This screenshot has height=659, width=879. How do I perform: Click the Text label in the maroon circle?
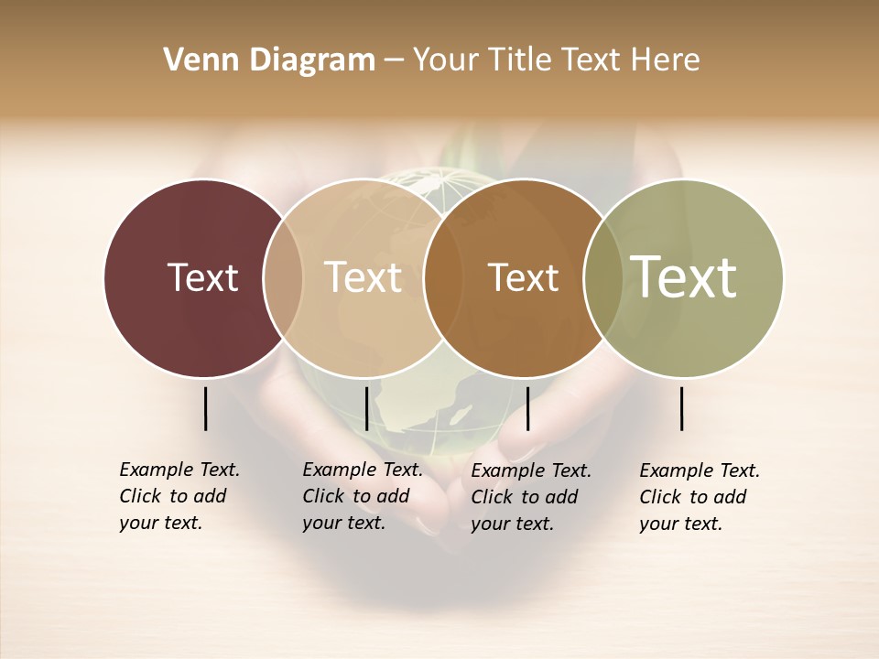pyautogui.click(x=202, y=277)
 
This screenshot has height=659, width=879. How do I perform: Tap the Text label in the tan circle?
pyautogui.click(x=363, y=277)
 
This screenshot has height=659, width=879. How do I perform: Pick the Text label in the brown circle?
pyautogui.click(x=523, y=277)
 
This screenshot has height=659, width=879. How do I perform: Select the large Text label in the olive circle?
pyautogui.click(x=683, y=277)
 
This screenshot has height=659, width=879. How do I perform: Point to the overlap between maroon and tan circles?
pyautogui.click(x=283, y=277)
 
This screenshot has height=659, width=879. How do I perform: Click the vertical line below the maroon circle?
pyautogui.click(x=205, y=408)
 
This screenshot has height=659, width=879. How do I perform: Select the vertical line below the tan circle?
pyautogui.click(x=366, y=408)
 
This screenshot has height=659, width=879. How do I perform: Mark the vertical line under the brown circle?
pyautogui.click(x=527, y=408)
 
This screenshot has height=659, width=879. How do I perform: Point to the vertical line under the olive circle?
pyautogui.click(x=682, y=408)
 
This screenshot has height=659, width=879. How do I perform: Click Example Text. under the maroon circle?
pyautogui.click(x=179, y=470)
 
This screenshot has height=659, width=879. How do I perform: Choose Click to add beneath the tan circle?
pyautogui.click(x=355, y=496)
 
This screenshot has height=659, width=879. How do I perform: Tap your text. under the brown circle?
pyautogui.click(x=512, y=524)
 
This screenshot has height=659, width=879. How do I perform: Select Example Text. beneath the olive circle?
pyautogui.click(x=700, y=470)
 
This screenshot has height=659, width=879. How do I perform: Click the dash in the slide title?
pyautogui.click(x=394, y=61)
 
